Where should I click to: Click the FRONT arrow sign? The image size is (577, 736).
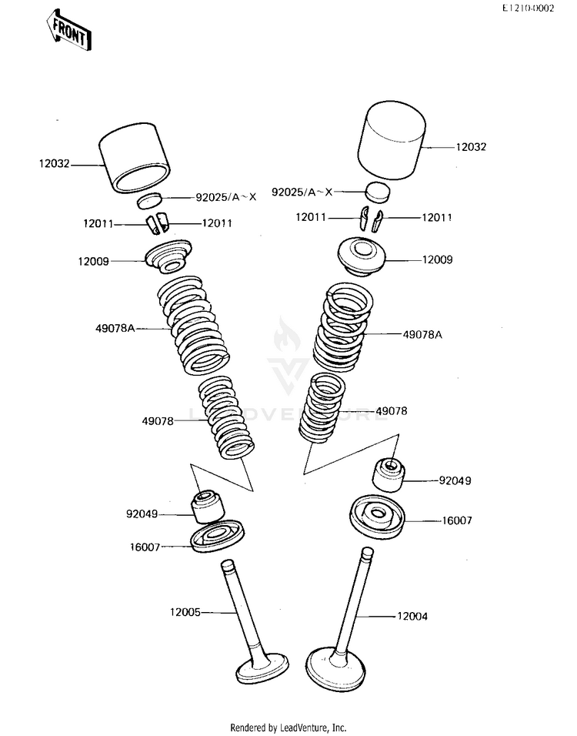[x=69, y=31]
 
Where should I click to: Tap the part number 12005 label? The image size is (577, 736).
[x=185, y=612]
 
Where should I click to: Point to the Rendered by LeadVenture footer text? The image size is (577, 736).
[x=288, y=727]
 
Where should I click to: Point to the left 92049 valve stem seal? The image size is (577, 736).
[x=208, y=506]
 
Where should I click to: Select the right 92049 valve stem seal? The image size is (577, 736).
[x=387, y=473]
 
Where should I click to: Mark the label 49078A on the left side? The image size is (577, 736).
[x=115, y=329]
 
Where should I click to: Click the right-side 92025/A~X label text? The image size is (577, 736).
[x=302, y=192]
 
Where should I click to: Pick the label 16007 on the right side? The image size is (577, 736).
[x=456, y=520]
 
